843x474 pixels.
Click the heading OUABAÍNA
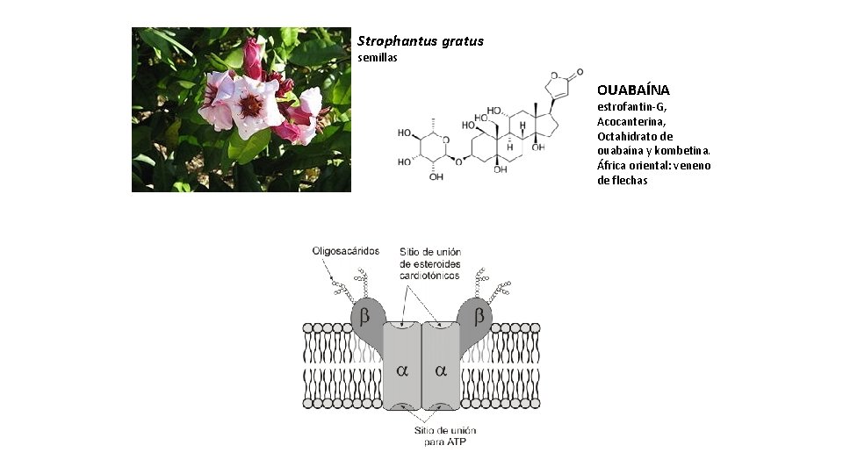(633, 90)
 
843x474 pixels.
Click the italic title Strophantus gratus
(420, 41)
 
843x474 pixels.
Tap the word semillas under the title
(378, 58)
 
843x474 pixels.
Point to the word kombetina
(683, 151)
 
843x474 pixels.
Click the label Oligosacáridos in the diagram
(346, 251)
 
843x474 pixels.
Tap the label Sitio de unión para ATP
(444, 436)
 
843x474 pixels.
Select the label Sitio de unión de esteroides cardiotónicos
(429, 262)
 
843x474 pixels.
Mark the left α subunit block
(402, 370)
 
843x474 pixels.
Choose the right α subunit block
(441, 370)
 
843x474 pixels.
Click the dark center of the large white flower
(251, 106)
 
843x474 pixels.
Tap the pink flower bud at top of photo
(253, 57)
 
